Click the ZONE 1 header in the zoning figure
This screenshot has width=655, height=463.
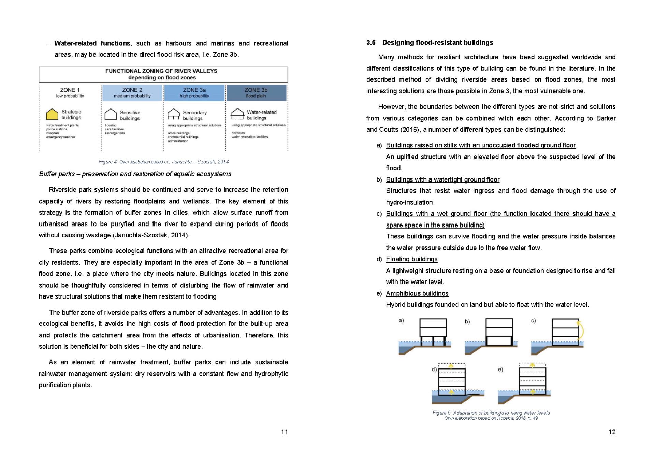(x=70, y=92)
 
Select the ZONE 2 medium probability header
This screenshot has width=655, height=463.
(x=132, y=92)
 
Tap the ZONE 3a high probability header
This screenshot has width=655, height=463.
(x=194, y=92)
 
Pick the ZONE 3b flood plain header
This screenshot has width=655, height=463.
(x=256, y=92)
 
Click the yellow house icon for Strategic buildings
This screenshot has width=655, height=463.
(x=52, y=114)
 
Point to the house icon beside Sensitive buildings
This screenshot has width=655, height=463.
(x=111, y=114)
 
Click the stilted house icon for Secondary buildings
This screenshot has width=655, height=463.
(x=174, y=114)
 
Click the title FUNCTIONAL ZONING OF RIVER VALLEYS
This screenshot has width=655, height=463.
(x=161, y=71)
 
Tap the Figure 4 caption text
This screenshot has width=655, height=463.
(x=163, y=162)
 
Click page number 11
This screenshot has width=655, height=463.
(x=284, y=432)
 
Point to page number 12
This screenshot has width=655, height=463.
(x=612, y=432)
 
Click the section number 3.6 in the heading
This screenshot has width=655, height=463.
(x=371, y=43)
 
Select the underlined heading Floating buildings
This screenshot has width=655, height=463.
(x=411, y=259)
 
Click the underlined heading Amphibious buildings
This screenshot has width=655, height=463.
(x=417, y=293)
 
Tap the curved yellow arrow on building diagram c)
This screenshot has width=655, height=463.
(x=580, y=329)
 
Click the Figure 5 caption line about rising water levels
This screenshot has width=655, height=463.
(x=491, y=413)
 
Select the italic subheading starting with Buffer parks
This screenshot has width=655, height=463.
(x=135, y=174)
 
